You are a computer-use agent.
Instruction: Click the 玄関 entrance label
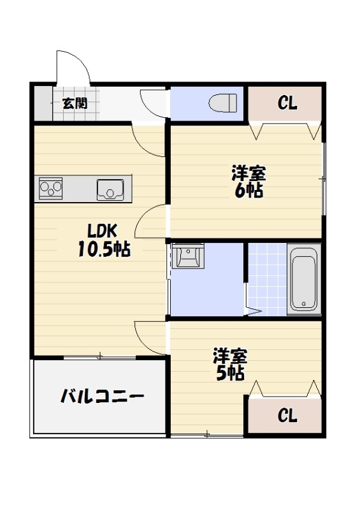[x=75, y=102]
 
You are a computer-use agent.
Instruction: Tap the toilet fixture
[x=223, y=101]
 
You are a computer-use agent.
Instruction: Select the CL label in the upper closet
[x=287, y=103]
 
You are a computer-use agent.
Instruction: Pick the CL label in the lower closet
[x=287, y=416]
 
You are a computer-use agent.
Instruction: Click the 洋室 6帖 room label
[x=248, y=181]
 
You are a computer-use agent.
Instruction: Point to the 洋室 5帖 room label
[x=230, y=364]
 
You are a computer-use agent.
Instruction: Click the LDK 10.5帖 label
[x=103, y=240]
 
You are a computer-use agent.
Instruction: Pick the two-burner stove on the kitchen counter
[x=51, y=188]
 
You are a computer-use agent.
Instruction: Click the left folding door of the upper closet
[x=259, y=131]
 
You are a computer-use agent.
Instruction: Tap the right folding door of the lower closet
[x=313, y=388]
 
